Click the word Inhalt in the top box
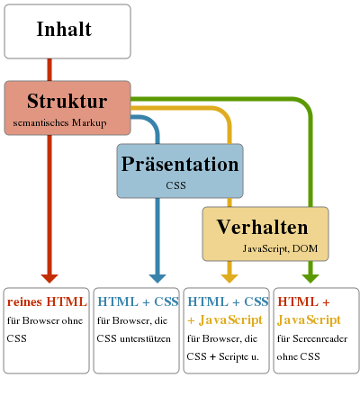click(64, 29)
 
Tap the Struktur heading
click(67, 101)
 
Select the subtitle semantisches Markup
click(59, 123)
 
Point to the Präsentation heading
click(180, 164)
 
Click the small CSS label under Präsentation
click(175, 185)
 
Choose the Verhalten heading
click(263, 227)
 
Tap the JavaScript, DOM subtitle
click(280, 248)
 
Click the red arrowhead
click(49, 278)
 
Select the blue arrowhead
click(157, 278)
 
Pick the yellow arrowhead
click(229, 278)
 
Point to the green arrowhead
click(310, 278)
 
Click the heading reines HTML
click(47, 301)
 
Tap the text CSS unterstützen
click(133, 338)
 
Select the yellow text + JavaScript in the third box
click(225, 320)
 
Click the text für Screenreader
click(312, 338)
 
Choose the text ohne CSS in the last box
click(299, 356)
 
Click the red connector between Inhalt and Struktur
click(49, 69)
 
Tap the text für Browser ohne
click(45, 320)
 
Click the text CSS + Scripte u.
click(222, 356)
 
